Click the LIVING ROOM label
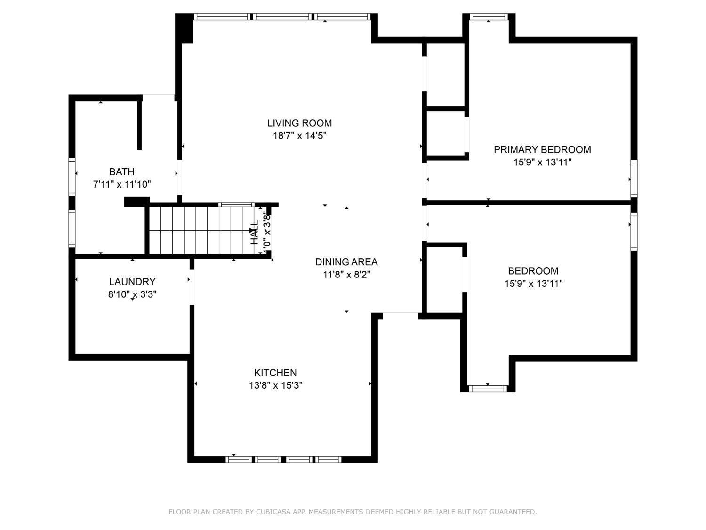click(299, 123)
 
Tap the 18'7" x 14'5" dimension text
click(299, 136)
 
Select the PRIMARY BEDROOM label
click(542, 149)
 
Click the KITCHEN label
click(275, 373)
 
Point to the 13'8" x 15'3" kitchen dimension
click(275, 385)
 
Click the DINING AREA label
click(346, 262)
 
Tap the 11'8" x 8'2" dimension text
click(346, 275)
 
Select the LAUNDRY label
click(132, 282)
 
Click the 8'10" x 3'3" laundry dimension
click(132, 294)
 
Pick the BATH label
click(121, 171)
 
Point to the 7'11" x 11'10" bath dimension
click(121, 184)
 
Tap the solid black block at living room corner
click(184, 28)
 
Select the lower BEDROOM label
click(533, 271)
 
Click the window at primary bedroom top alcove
click(489, 17)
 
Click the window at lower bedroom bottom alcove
click(488, 389)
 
